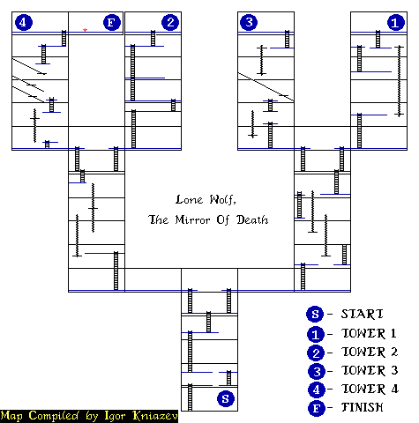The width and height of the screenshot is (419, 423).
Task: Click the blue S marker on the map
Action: coord(226,398)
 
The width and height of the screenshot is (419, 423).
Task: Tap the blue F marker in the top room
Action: coord(112,22)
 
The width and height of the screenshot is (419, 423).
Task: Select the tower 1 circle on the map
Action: coord(396,22)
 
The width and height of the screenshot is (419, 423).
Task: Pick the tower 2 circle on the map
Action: coord(170,22)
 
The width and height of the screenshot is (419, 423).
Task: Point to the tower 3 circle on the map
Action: coord(249,22)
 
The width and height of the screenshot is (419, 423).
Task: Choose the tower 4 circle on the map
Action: coord(24,22)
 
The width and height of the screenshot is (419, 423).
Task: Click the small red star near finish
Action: coord(85,30)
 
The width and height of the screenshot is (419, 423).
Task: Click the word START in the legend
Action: coord(363,314)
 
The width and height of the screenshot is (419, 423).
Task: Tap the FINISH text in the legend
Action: coord(363,407)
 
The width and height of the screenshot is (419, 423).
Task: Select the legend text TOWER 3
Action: coord(370,370)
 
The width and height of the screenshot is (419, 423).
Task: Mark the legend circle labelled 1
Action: coord(316,335)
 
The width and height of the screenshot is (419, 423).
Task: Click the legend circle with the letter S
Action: coord(315,314)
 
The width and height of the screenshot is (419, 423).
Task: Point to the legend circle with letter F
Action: coord(317,408)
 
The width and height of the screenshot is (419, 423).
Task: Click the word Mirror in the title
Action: coord(193,219)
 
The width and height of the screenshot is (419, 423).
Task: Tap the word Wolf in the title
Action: coord(222,200)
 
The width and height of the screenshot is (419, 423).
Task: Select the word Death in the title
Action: coord(252,219)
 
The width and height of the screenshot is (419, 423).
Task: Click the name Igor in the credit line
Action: coord(115,416)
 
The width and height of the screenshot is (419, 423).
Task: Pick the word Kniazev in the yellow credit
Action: coord(155,416)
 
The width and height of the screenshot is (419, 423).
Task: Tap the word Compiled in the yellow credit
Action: coord(54,416)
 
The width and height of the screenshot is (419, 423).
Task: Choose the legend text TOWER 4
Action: coord(370,389)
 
